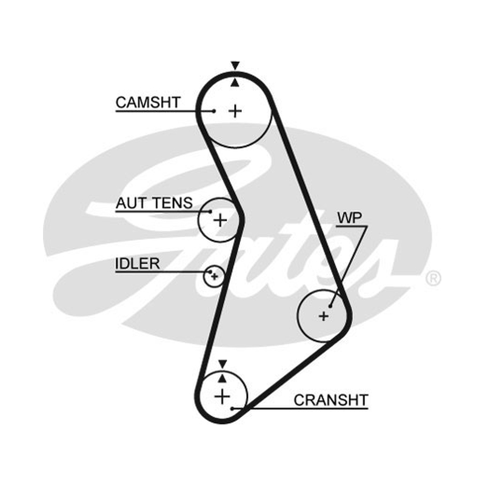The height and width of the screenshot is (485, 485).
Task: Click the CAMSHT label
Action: coord(148,102)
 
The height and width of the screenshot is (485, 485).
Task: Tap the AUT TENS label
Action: coord(154,203)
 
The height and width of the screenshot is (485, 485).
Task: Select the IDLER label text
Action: coord(138,264)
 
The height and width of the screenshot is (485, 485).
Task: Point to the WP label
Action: coord(349,218)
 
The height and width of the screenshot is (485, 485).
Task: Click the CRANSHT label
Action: coord(330,400)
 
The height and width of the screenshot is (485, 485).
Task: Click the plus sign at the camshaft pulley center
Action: coord(235,111)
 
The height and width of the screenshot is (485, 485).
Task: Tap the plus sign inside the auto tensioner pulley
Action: coord(220,221)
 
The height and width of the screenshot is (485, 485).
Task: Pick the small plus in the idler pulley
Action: coord(215,276)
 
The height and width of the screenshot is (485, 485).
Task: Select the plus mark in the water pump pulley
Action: coord(324,316)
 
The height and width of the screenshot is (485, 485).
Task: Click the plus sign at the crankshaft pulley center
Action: coord(222,396)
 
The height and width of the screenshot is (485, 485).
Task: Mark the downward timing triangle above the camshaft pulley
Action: coord(235,65)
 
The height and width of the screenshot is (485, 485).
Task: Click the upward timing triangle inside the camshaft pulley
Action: coord(235,83)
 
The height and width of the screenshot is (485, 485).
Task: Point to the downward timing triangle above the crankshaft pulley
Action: coord(222,364)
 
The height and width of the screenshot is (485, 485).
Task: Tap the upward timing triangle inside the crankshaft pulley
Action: coord(222,378)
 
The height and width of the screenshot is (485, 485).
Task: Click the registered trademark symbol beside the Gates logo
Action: coord(433,278)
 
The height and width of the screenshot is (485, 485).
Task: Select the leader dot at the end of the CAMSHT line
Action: coord(214,111)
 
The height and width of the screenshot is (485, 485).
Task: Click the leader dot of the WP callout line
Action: coord(330,306)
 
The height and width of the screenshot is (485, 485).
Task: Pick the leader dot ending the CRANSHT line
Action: coord(232,409)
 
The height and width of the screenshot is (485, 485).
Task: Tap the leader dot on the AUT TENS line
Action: coord(210,212)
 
